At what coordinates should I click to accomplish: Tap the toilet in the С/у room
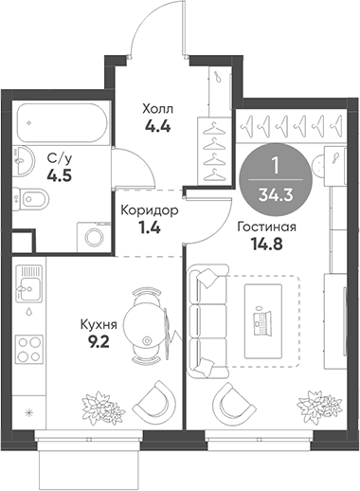tap(30, 199)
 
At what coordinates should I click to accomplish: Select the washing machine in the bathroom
tap(94, 237)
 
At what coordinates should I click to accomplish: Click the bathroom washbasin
tap(24, 160)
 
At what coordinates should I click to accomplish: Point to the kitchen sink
tap(29, 283)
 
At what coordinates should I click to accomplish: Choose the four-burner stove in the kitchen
tap(30, 349)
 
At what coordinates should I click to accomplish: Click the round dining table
tap(145, 325)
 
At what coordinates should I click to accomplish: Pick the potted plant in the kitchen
tap(103, 408)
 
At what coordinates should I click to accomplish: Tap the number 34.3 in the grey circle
tap(276, 195)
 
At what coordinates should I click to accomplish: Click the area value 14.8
tap(266, 244)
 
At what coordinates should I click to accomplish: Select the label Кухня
tap(99, 325)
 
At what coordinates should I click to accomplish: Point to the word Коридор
tap(150, 210)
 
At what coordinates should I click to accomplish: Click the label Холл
tap(157, 109)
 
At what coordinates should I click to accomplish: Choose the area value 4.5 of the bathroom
tap(60, 175)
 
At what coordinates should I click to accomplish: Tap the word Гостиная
tap(267, 227)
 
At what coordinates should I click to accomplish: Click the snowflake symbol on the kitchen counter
tap(29, 412)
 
